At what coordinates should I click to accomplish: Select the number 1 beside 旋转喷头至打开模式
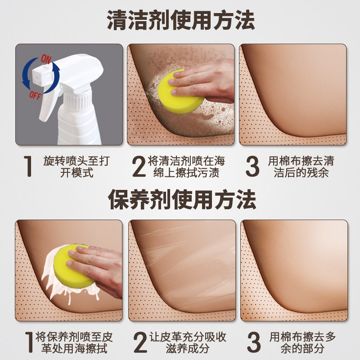pos(28,166)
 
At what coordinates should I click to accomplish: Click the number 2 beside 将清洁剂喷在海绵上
pos(139,166)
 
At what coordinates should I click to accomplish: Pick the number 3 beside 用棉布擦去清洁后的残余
pos(253,166)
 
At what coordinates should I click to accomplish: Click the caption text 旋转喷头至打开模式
pos(76,166)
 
